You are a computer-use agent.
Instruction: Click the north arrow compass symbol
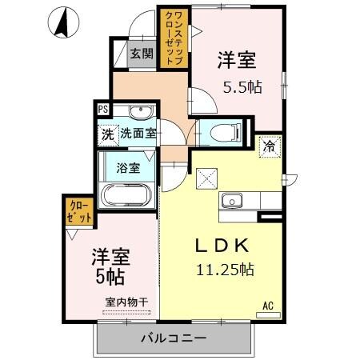tap(63, 22)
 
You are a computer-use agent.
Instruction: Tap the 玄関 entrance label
tap(142, 54)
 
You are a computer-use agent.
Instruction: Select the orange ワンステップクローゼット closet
tap(174, 38)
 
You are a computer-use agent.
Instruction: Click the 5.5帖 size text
tap(242, 87)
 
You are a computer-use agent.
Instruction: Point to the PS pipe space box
tap(103, 110)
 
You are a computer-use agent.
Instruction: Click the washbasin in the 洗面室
tap(141, 111)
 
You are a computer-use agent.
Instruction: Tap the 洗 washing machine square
tap(107, 135)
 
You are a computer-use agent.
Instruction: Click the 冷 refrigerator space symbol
tap(270, 146)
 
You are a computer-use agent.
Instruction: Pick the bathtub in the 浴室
tap(127, 194)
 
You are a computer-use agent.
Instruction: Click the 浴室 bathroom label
tap(128, 168)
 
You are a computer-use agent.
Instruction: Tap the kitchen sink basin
tap(231, 200)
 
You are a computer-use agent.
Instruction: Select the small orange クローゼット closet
tap(79, 211)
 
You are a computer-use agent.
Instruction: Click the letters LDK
tap(222, 246)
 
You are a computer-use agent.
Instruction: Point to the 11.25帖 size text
tap(225, 270)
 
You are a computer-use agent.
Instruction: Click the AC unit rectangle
tap(268, 315)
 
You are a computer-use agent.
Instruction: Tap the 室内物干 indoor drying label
tap(126, 302)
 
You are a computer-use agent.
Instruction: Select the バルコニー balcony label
tap(174, 338)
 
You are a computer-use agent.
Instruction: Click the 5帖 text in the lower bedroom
tap(110, 277)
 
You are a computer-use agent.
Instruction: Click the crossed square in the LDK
tap(206, 178)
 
